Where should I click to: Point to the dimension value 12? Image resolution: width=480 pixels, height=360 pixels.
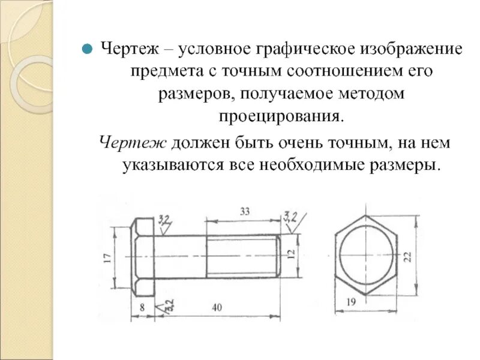(292, 255)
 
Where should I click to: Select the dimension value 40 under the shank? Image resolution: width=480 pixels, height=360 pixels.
(217, 307)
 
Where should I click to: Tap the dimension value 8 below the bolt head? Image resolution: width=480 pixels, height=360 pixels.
(142, 307)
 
